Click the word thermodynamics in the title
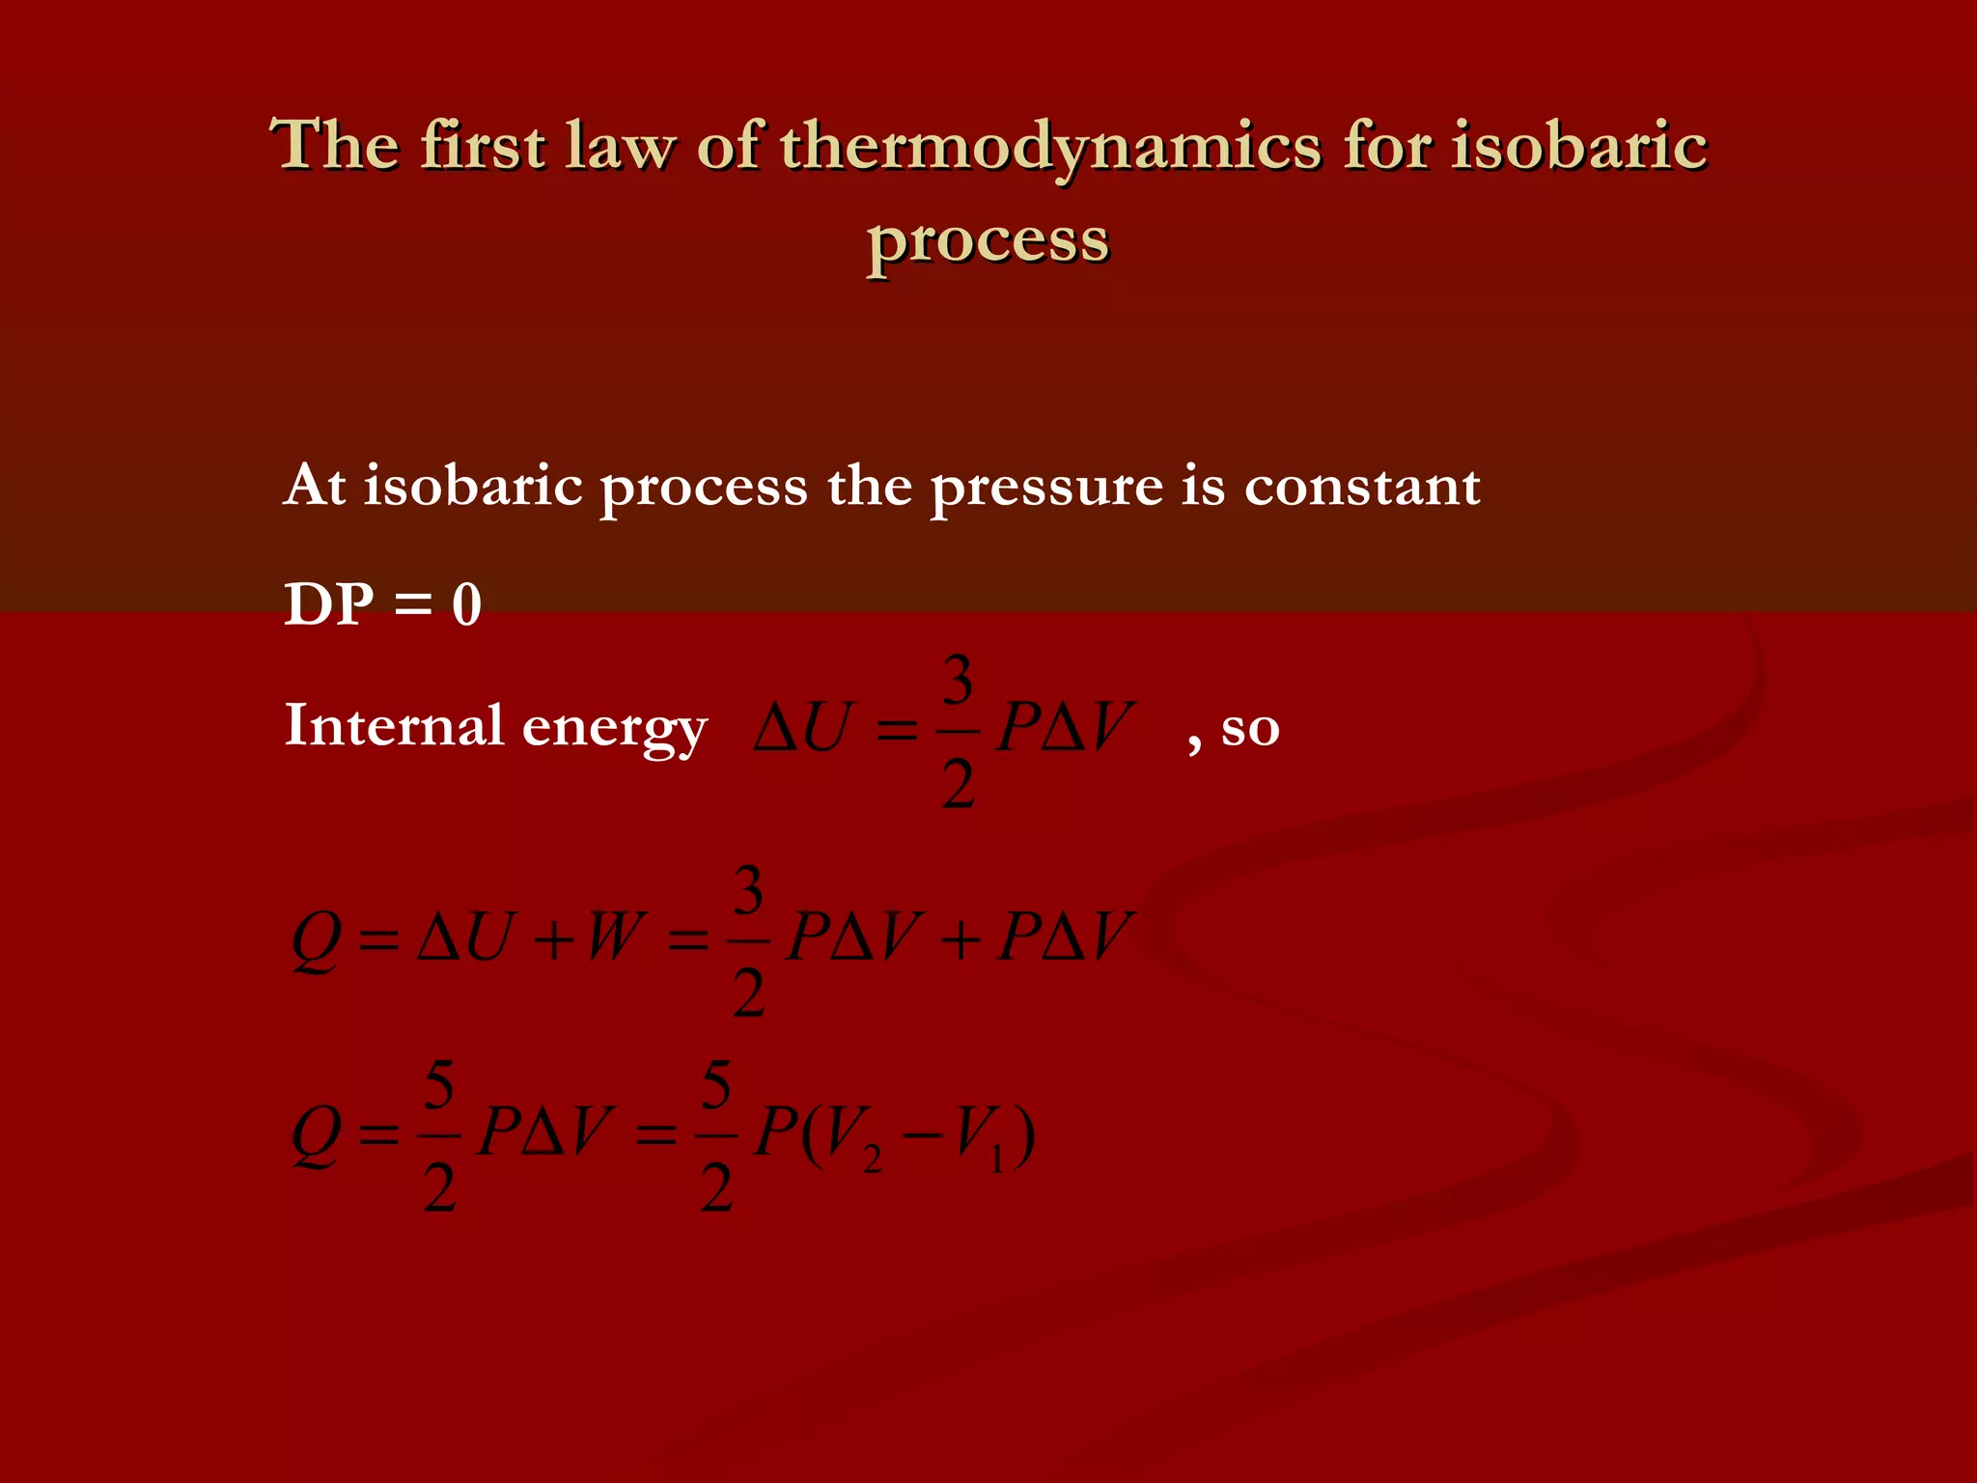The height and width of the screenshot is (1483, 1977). [1050, 148]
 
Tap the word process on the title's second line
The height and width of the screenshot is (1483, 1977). [988, 240]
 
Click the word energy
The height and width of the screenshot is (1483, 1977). [615, 730]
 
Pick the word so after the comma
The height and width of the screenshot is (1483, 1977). [1250, 729]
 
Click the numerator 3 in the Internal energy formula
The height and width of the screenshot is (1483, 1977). [957, 681]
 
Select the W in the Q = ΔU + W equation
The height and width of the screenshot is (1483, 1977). [614, 936]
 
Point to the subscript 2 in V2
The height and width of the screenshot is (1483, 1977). [873, 1159]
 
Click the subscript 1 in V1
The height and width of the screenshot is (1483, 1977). [997, 1159]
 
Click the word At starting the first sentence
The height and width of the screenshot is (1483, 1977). [315, 485]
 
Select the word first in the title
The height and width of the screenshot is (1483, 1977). [483, 146]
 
